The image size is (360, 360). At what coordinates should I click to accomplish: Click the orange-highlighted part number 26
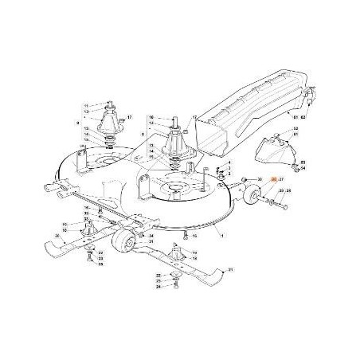pyautogui.click(x=273, y=182)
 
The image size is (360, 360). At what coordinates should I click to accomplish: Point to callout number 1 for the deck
pyautogui.click(x=223, y=237)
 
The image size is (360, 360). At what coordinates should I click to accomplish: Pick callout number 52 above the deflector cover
pyautogui.click(x=295, y=129)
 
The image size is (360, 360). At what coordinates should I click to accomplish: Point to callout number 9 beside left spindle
pyautogui.click(x=77, y=123)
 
